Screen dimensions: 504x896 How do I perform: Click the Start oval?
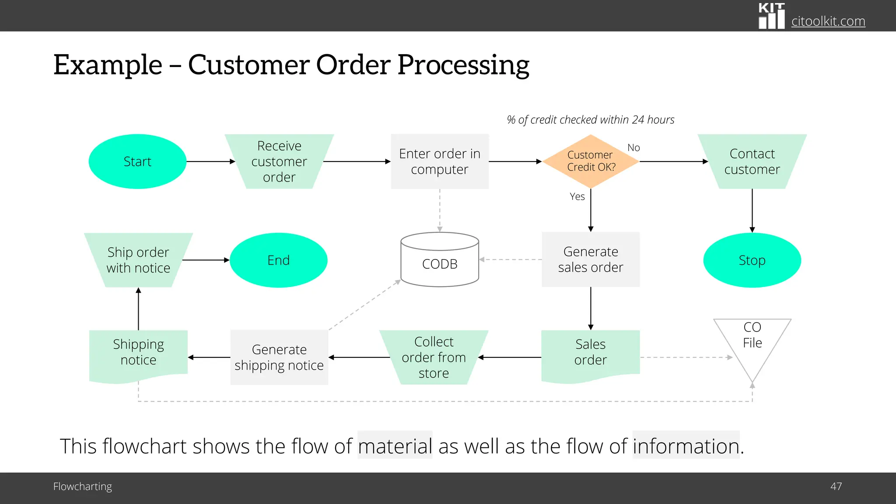click(x=137, y=161)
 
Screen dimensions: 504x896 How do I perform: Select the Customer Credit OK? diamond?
click(x=591, y=161)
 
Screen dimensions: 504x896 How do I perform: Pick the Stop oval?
click(x=752, y=260)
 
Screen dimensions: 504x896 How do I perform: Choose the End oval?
click(x=278, y=260)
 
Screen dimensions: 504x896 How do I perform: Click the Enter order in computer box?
click(x=440, y=161)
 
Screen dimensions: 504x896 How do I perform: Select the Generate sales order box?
click(x=591, y=259)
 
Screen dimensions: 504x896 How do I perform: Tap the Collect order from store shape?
click(x=434, y=357)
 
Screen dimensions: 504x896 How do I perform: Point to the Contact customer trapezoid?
click(x=752, y=161)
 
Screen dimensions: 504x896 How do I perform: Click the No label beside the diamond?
click(x=633, y=148)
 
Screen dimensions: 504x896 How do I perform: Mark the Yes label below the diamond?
click(x=577, y=197)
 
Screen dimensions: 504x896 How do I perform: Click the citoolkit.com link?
click(x=828, y=21)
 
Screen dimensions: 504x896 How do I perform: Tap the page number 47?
click(x=836, y=486)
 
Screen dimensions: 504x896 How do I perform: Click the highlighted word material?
click(x=395, y=446)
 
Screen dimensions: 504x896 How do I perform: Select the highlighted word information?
click(x=686, y=446)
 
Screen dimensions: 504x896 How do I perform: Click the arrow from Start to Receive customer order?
click(x=210, y=161)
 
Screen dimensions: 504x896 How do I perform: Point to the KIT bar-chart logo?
click(x=771, y=16)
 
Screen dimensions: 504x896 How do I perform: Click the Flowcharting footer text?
click(x=82, y=486)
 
